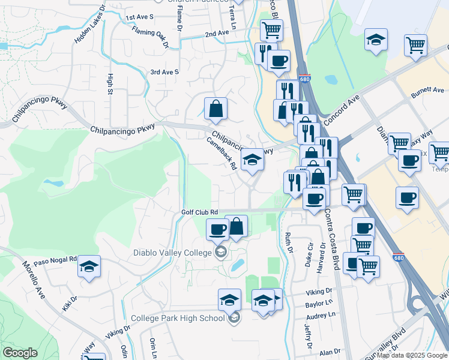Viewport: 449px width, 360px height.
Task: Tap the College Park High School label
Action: click(178, 318)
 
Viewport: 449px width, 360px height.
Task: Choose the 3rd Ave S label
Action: click(164, 72)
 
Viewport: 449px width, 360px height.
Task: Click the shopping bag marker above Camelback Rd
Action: click(215, 109)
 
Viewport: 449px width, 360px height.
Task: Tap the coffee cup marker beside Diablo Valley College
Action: click(218, 229)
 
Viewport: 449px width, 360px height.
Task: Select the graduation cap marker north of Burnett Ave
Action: click(376, 40)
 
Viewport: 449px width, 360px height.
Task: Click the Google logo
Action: click(20, 353)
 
